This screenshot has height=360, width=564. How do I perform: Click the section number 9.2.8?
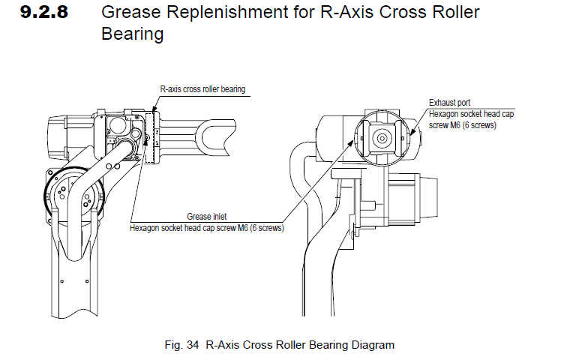pyautogui.click(x=44, y=13)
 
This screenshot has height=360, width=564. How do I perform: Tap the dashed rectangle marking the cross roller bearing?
pyautogui.click(x=152, y=135)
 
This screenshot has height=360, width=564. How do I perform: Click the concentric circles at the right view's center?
pyautogui.click(x=382, y=138)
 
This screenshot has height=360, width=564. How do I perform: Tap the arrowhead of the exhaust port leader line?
pyautogui.click(x=413, y=138)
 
